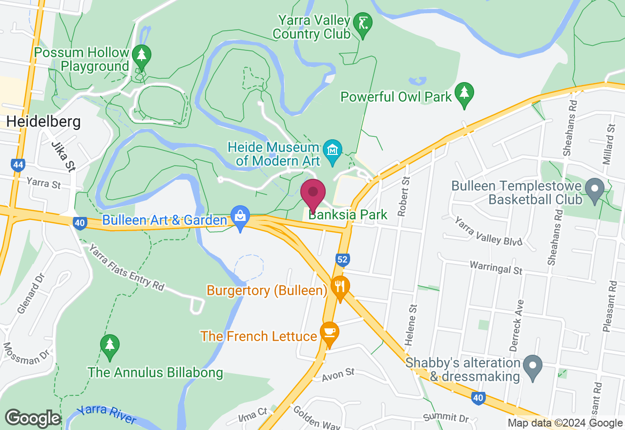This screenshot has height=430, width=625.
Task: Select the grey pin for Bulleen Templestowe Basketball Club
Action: point(595,190)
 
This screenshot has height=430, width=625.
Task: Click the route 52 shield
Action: point(342,259)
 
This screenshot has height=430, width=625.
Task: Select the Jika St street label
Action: point(63,156)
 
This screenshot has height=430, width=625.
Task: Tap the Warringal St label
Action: point(496,268)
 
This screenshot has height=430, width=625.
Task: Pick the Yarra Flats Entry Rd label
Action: point(126,267)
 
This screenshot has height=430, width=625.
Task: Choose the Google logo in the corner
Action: point(33,419)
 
